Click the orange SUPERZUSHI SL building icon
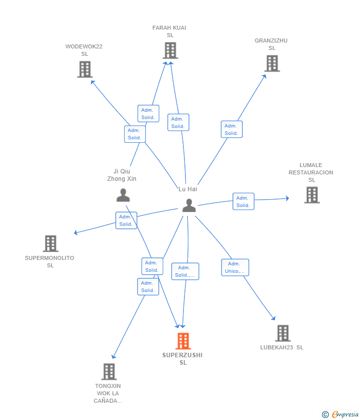point(183,341)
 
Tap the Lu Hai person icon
point(189,206)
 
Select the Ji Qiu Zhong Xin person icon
point(123,195)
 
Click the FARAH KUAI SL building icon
point(170,50)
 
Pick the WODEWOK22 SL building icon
point(85,69)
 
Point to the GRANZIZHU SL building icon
point(272,63)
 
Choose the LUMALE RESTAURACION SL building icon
point(312,195)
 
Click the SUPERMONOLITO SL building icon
point(50,244)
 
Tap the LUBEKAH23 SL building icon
point(283,333)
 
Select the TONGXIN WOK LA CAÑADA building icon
point(109,372)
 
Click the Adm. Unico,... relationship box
point(235,267)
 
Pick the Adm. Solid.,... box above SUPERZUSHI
point(185,271)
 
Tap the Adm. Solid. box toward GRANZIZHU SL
point(231,129)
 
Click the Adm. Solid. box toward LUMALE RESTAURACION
point(243,202)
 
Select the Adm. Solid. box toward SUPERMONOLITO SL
point(126,220)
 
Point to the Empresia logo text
point(345,415)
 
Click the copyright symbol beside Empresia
point(325,415)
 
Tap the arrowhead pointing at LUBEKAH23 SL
point(273,318)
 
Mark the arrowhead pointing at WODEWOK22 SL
point(92,82)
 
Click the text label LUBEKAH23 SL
point(282,347)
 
